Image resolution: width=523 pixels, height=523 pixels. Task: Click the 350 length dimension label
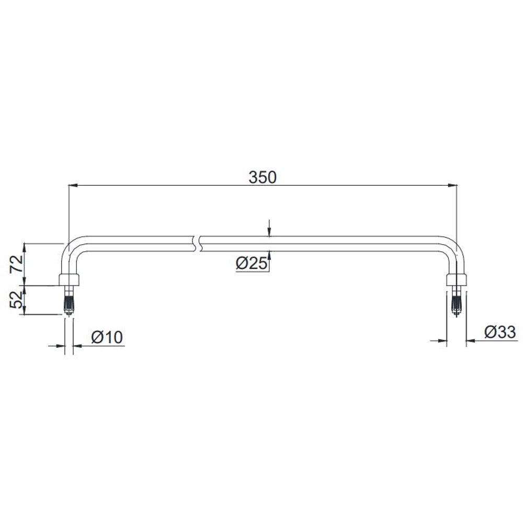(263, 177)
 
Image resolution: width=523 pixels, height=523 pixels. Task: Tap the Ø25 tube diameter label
(252, 264)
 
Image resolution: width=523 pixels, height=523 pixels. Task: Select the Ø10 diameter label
(107, 337)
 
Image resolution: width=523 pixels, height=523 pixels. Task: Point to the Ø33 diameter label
(500, 332)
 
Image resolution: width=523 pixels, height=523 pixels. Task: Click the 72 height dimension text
(17, 264)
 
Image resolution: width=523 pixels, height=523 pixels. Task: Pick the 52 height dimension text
(17, 300)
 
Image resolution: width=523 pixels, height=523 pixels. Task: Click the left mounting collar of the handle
(70, 280)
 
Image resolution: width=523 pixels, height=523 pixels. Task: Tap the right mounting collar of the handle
(456, 280)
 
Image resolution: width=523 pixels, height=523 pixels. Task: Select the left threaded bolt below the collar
(69, 300)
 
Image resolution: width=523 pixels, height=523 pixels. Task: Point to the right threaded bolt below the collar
(456, 300)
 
